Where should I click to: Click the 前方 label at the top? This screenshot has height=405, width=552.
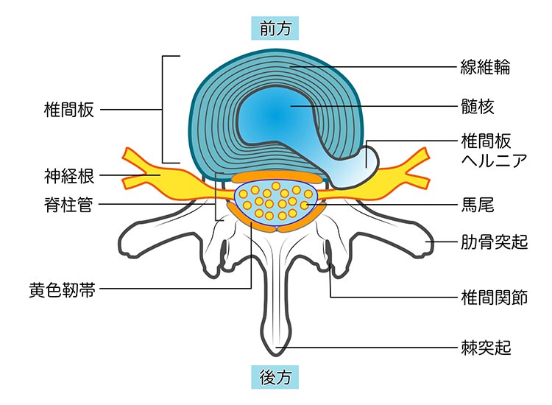click(x=276, y=28)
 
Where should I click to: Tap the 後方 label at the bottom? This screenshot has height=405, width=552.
click(x=276, y=377)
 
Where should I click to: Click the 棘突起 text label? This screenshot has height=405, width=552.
click(x=485, y=346)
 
